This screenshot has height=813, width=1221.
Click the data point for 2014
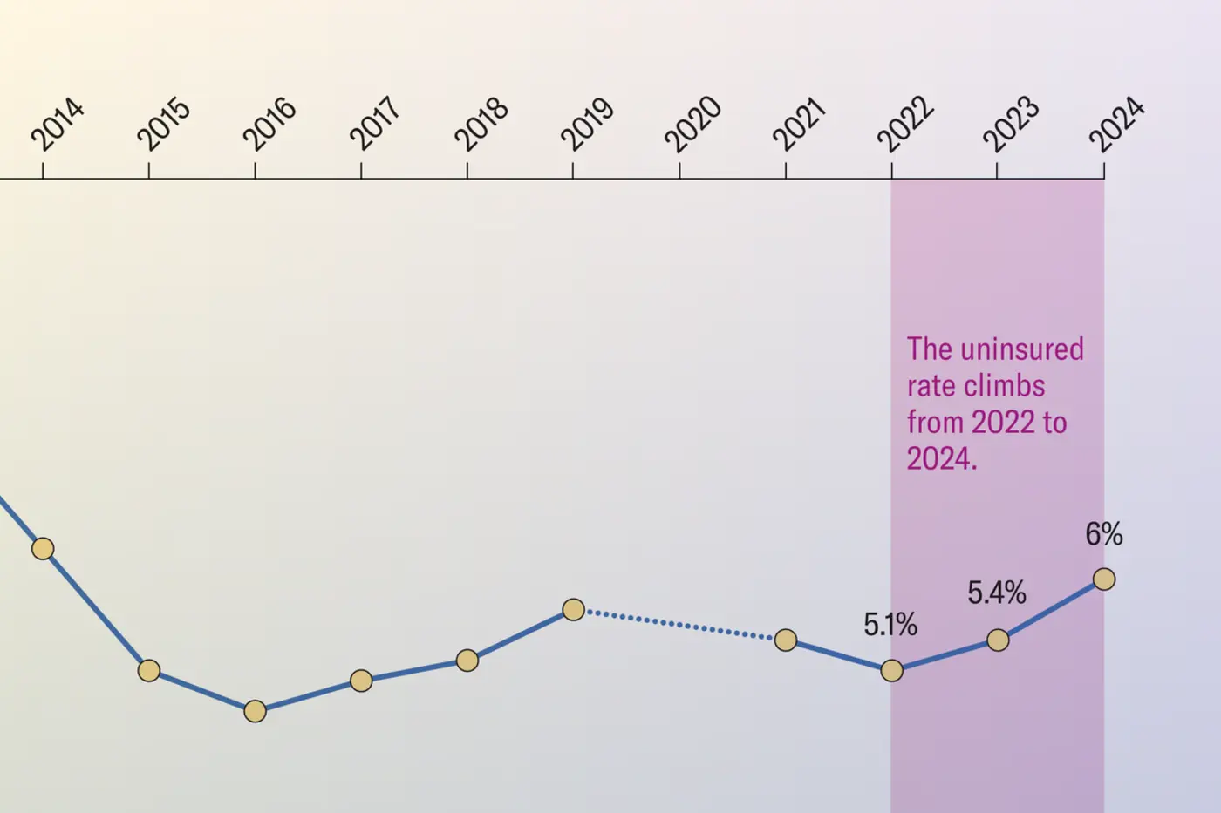pyautogui.click(x=43, y=548)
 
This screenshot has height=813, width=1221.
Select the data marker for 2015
pyautogui.click(x=149, y=670)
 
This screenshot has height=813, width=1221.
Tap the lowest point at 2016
pyautogui.click(x=255, y=711)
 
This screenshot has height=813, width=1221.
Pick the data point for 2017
pyautogui.click(x=361, y=681)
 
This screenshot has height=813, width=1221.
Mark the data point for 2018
pyautogui.click(x=467, y=661)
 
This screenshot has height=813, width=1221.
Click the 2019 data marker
pyautogui.click(x=573, y=609)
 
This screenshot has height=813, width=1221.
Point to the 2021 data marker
pyautogui.click(x=786, y=640)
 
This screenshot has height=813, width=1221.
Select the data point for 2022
pyautogui.click(x=891, y=670)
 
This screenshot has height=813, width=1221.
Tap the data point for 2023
pyautogui.click(x=998, y=640)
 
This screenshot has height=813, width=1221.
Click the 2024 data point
pyautogui.click(x=1104, y=579)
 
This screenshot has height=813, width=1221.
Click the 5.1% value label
pyautogui.click(x=890, y=624)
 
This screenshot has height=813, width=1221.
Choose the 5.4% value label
pyautogui.click(x=996, y=593)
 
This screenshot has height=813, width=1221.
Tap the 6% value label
pyautogui.click(x=1103, y=533)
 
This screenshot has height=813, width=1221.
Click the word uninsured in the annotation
pyautogui.click(x=1021, y=349)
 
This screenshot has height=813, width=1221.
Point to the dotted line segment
pyautogui.click(x=679, y=625)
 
